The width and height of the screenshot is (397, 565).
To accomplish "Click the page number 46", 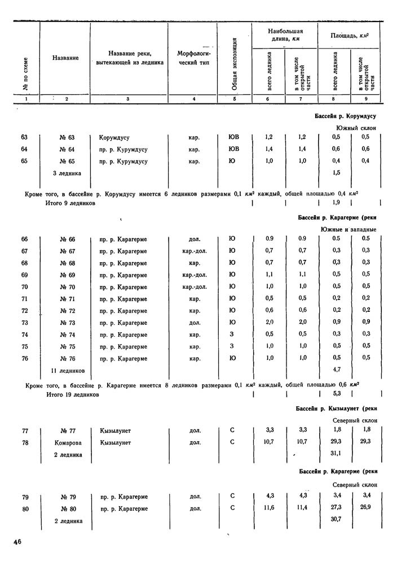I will (17, 542).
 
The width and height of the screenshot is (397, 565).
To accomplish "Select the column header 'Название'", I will (65, 58).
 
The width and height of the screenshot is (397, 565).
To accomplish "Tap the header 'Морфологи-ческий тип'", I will (193, 58).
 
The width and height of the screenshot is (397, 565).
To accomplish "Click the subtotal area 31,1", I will (337, 454).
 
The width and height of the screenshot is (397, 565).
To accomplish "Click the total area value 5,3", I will (337, 393).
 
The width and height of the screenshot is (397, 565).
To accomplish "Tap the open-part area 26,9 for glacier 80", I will (365, 508).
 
